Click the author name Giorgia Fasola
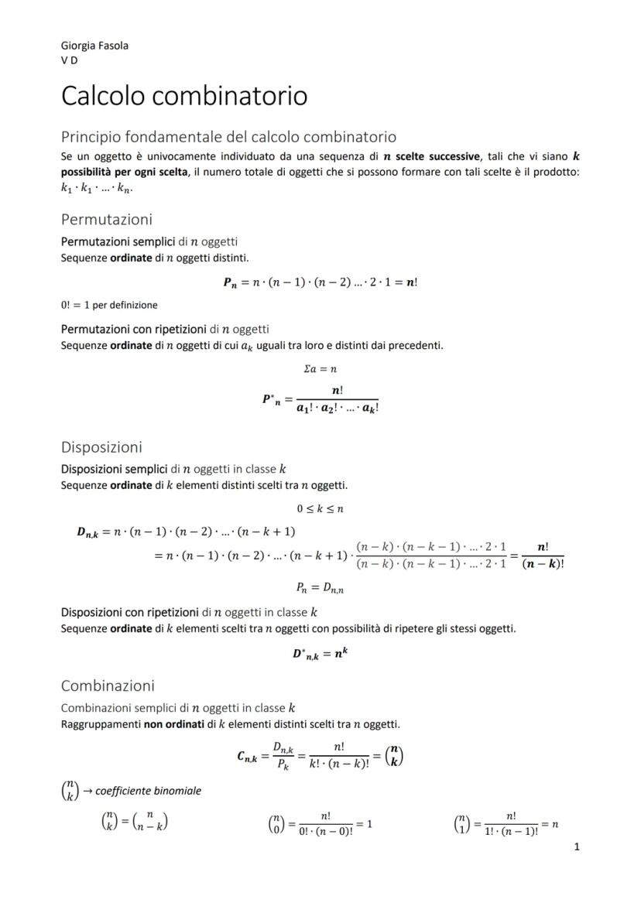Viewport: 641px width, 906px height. click(94, 45)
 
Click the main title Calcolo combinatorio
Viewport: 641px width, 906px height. click(184, 96)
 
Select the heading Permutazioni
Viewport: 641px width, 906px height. click(107, 219)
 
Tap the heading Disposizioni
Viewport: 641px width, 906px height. click(101, 447)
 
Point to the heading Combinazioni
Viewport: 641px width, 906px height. click(108, 685)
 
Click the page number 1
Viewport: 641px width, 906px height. click(577, 846)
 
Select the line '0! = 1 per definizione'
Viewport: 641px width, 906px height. click(109, 305)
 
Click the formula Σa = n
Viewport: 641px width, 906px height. click(320, 370)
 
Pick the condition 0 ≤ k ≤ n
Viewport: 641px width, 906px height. click(320, 508)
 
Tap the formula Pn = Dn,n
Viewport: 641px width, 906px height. click(320, 588)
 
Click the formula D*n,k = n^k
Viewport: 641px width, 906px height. click(320, 653)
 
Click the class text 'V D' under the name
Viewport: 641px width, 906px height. click(69, 60)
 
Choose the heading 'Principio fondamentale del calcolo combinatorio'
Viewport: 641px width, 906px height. click(228, 137)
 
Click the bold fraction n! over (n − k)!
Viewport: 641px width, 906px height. click(543, 555)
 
